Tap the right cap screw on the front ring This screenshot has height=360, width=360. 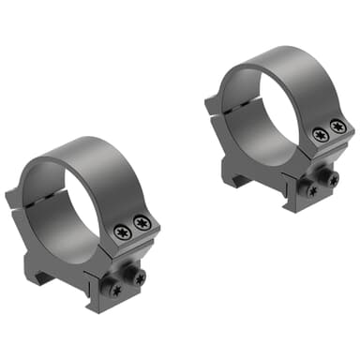[x=142, y=221]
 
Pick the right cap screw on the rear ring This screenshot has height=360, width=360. [x=337, y=126]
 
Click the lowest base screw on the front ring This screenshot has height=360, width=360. [x=116, y=290]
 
